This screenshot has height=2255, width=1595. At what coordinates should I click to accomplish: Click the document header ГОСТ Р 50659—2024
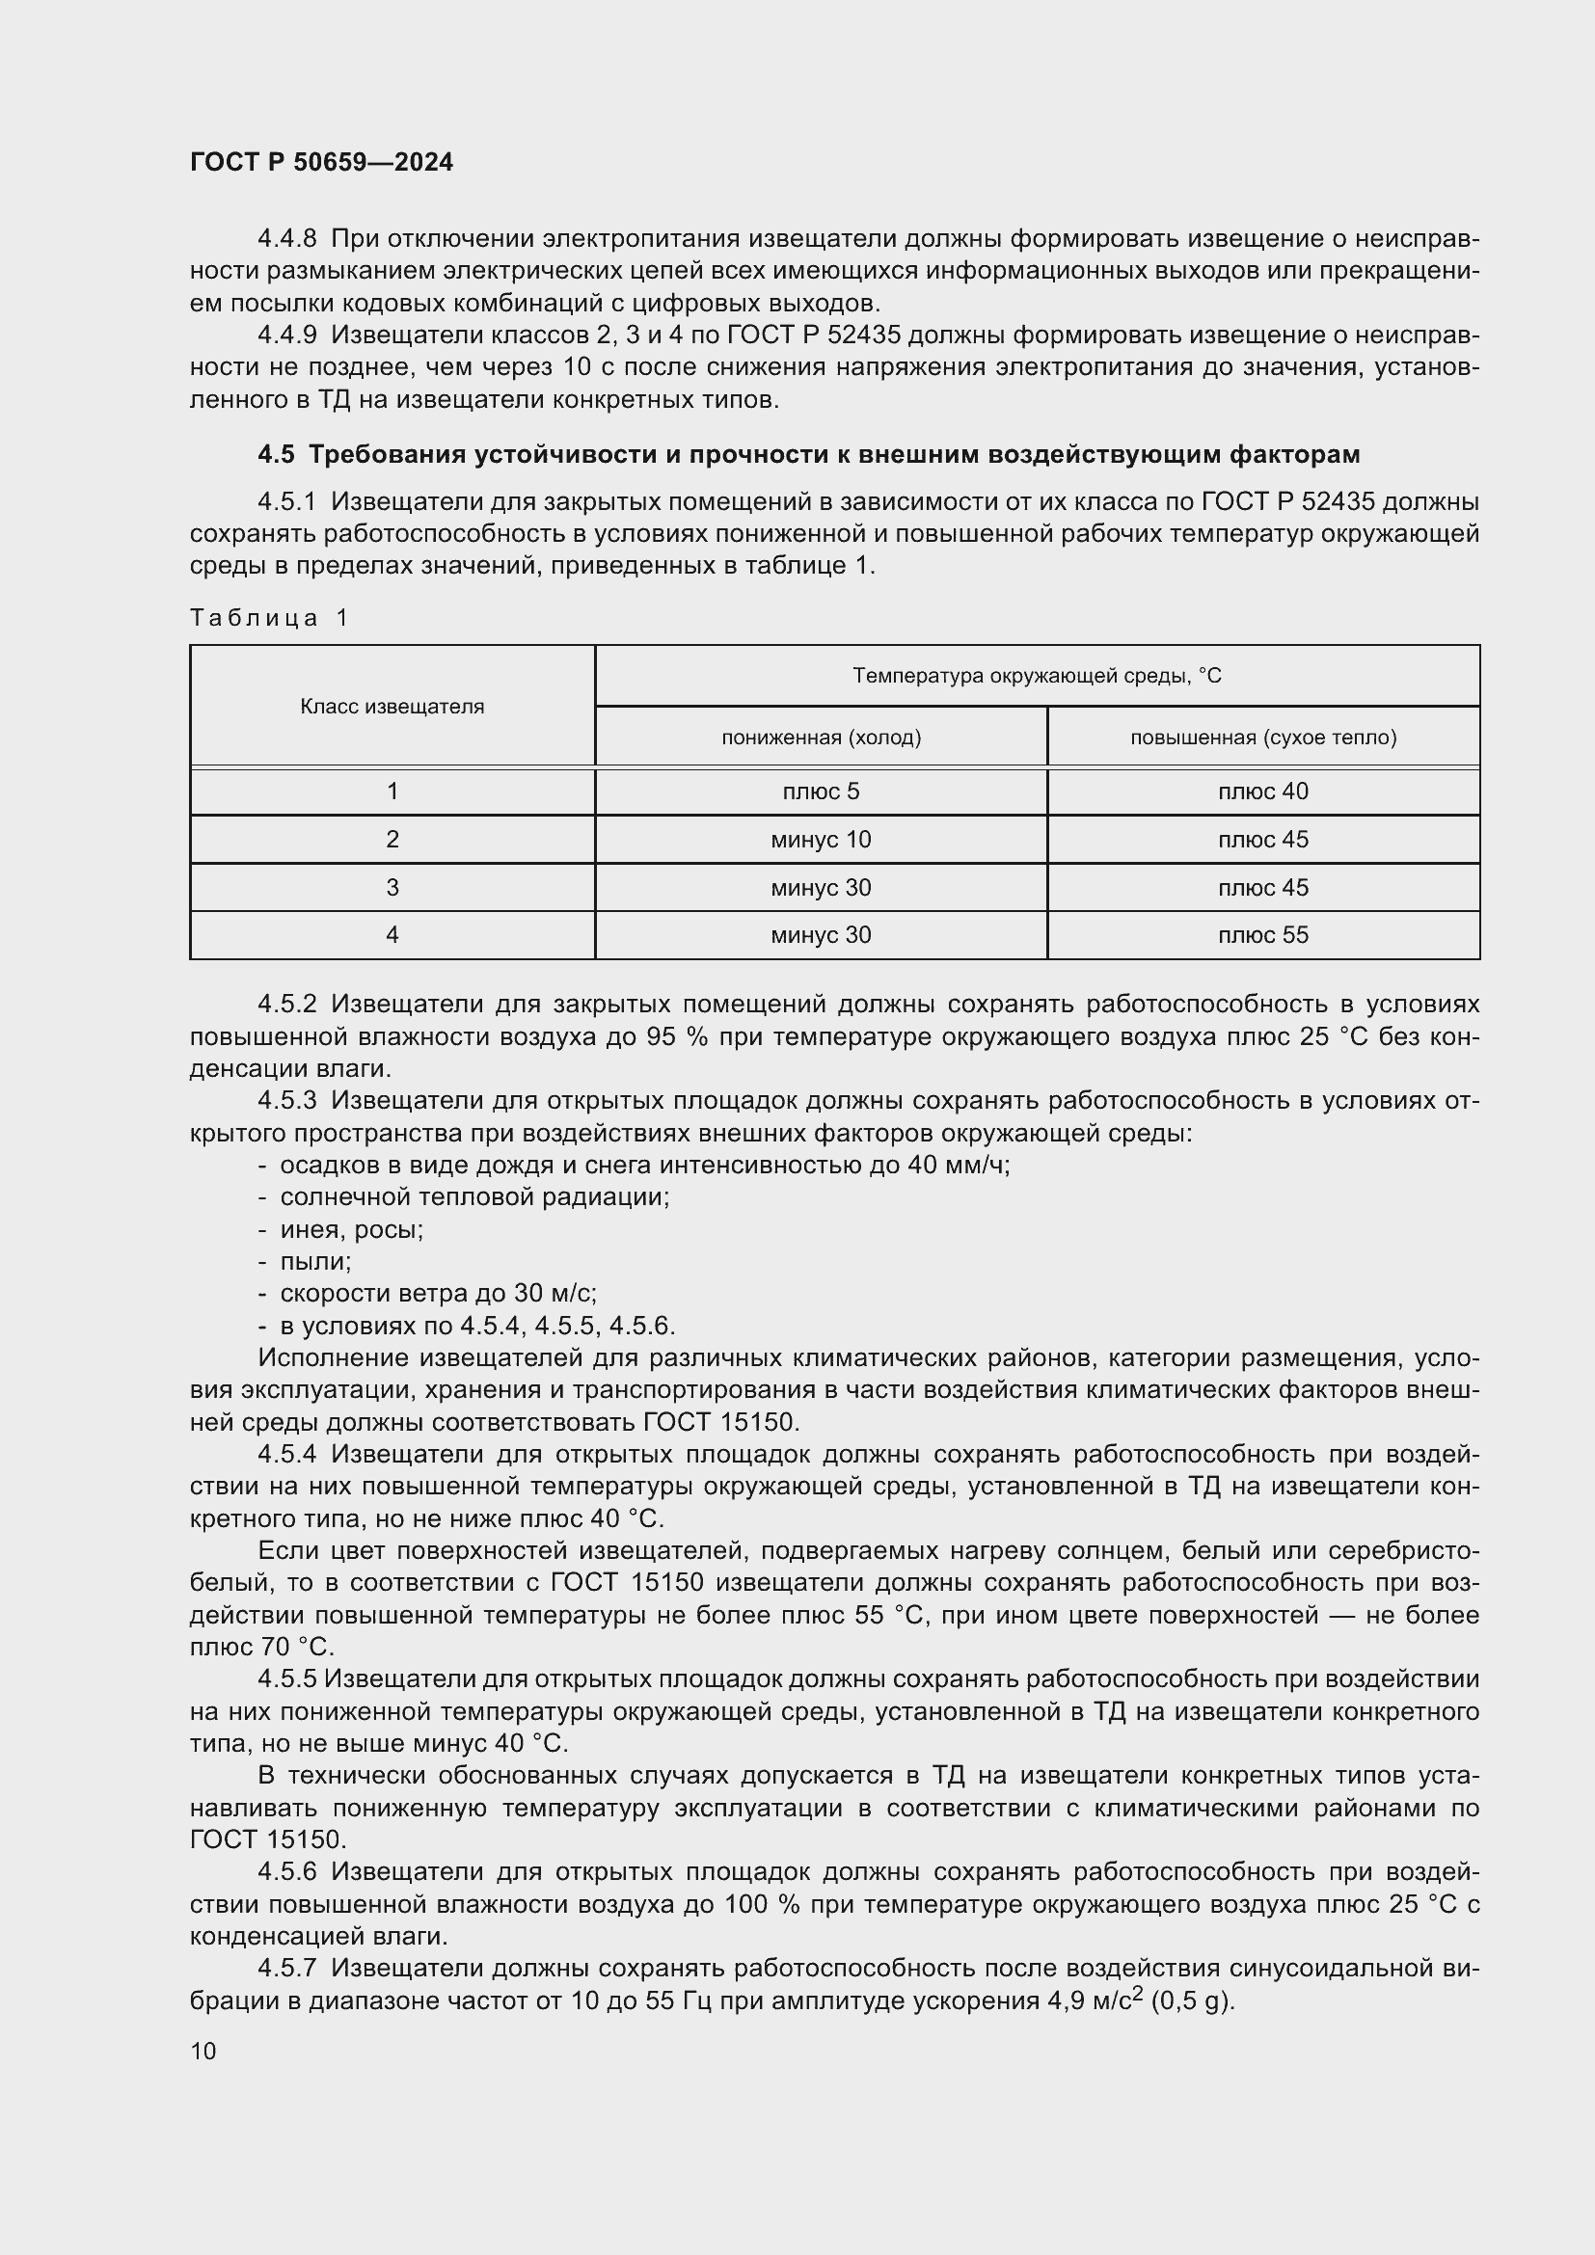pos(321,162)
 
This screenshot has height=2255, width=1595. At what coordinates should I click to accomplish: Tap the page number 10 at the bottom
pos(203,2051)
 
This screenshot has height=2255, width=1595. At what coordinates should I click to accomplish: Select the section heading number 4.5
pos(276,454)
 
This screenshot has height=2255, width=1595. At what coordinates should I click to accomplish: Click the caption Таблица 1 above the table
pos(269,617)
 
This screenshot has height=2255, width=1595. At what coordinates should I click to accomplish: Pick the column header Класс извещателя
pos(392,706)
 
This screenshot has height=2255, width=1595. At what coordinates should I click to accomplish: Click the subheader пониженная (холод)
pos(821,737)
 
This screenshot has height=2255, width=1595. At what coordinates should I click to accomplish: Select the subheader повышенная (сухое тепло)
pos(1263,737)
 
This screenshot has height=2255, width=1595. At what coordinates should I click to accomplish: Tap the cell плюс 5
pos(821,792)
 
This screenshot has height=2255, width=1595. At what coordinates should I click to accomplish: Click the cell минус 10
pos(821,840)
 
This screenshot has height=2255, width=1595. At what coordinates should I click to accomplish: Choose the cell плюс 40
pos(1263,792)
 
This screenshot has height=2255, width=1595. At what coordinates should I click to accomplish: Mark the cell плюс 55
pos(1263,935)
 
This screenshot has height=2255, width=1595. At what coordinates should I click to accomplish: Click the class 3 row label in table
pos(392,888)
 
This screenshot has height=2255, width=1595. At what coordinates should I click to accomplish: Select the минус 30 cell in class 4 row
pos(821,935)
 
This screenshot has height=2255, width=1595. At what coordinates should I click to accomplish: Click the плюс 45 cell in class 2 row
pos(1263,840)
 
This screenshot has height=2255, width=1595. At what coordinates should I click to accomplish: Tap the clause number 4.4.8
pos(286,239)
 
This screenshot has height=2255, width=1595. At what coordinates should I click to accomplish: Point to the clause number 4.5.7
pos(286,1969)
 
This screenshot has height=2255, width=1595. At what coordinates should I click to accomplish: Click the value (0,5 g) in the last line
pos(1191,2000)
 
